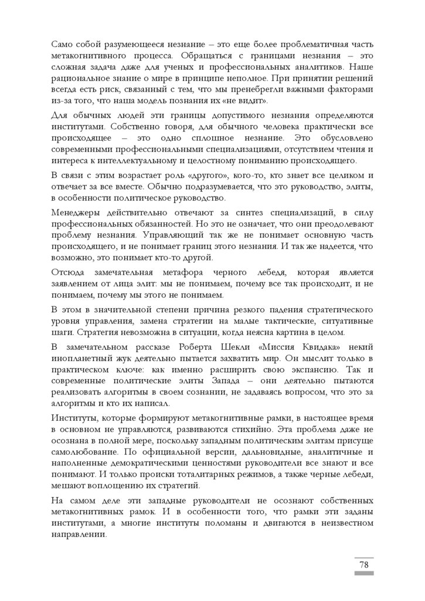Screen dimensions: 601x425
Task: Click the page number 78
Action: [363, 565]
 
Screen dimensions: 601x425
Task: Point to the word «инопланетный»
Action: [84, 355]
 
